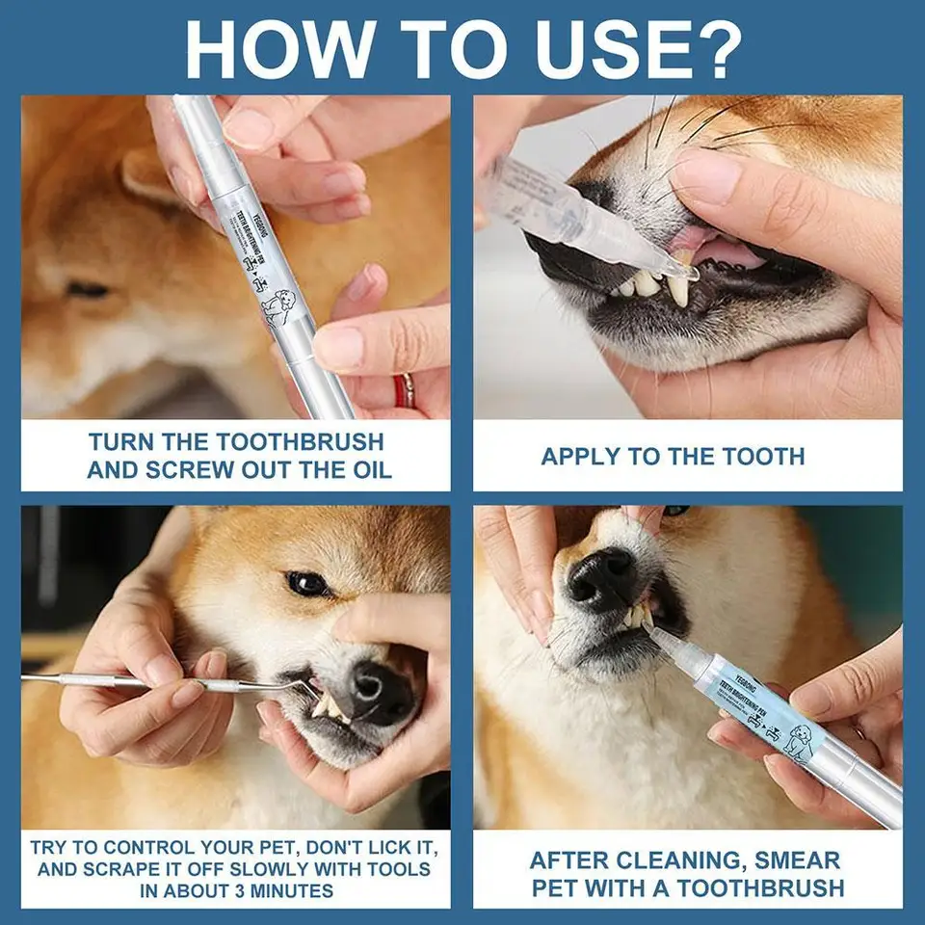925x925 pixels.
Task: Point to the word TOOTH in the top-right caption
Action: [x=764, y=456]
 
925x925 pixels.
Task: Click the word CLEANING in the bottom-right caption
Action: [x=688, y=859]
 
